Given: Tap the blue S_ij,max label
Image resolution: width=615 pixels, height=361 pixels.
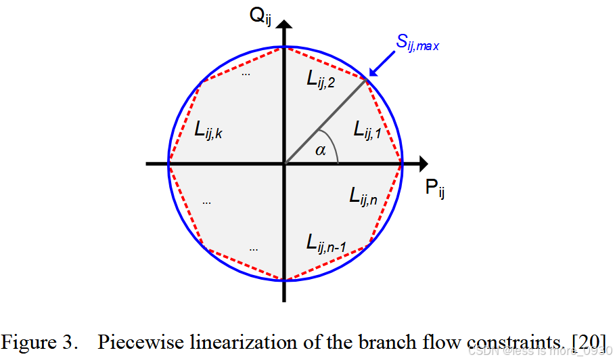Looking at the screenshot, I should (x=418, y=46).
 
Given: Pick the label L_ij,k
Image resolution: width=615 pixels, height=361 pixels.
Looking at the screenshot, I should (x=208, y=130).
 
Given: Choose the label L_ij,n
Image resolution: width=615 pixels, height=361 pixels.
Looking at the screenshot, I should (x=365, y=196).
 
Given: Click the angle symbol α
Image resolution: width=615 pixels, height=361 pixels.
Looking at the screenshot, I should (x=320, y=151).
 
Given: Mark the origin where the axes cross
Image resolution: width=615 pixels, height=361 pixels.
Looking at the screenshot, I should (x=285, y=163).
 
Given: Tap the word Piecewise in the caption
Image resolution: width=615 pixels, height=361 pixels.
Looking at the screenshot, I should (x=133, y=341).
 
